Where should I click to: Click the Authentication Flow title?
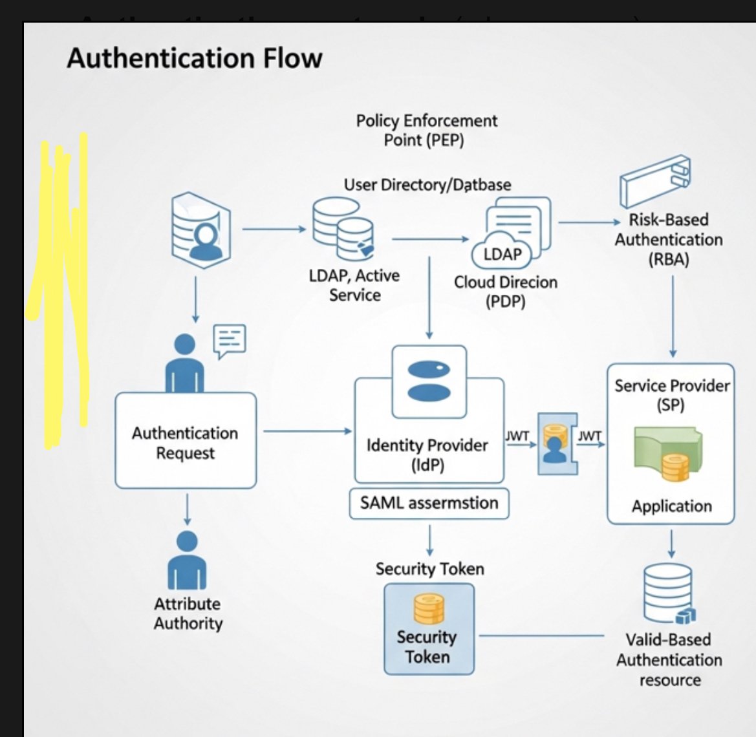click(194, 58)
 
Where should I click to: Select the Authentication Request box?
click(186, 441)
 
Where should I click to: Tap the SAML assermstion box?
click(429, 504)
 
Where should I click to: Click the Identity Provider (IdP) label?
click(427, 454)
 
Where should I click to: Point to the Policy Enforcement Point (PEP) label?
click(426, 130)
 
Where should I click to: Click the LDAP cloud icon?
click(502, 254)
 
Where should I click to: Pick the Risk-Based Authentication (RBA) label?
click(669, 239)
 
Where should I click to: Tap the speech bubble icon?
click(230, 341)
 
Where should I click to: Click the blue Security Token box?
click(429, 629)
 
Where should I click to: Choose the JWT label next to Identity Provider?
click(517, 436)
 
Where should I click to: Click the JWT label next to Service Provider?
click(589, 436)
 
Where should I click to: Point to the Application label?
click(671, 506)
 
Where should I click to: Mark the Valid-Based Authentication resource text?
click(669, 659)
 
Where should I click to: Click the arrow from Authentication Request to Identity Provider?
click(307, 431)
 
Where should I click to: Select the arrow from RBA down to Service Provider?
click(673, 317)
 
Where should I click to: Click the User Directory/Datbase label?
click(427, 185)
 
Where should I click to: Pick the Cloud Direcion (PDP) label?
click(505, 292)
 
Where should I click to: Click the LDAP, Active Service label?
click(354, 285)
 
